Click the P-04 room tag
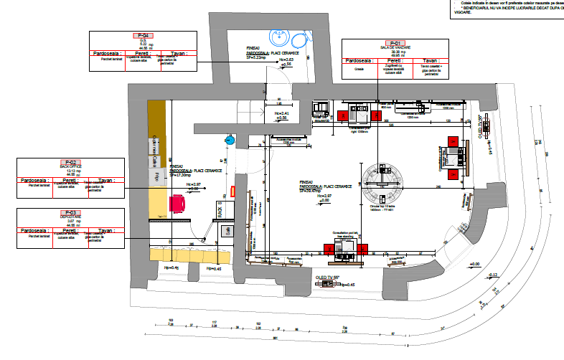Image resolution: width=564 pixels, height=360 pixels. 142,36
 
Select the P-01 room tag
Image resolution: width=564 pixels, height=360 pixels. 395,42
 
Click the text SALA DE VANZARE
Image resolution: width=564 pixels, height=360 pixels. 395,47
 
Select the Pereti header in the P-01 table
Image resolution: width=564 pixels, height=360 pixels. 395,61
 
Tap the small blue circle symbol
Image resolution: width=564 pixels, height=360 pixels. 230,141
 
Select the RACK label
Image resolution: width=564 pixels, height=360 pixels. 220,212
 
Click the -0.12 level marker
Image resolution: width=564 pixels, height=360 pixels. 493,275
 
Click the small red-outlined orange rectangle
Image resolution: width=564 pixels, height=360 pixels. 234,191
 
